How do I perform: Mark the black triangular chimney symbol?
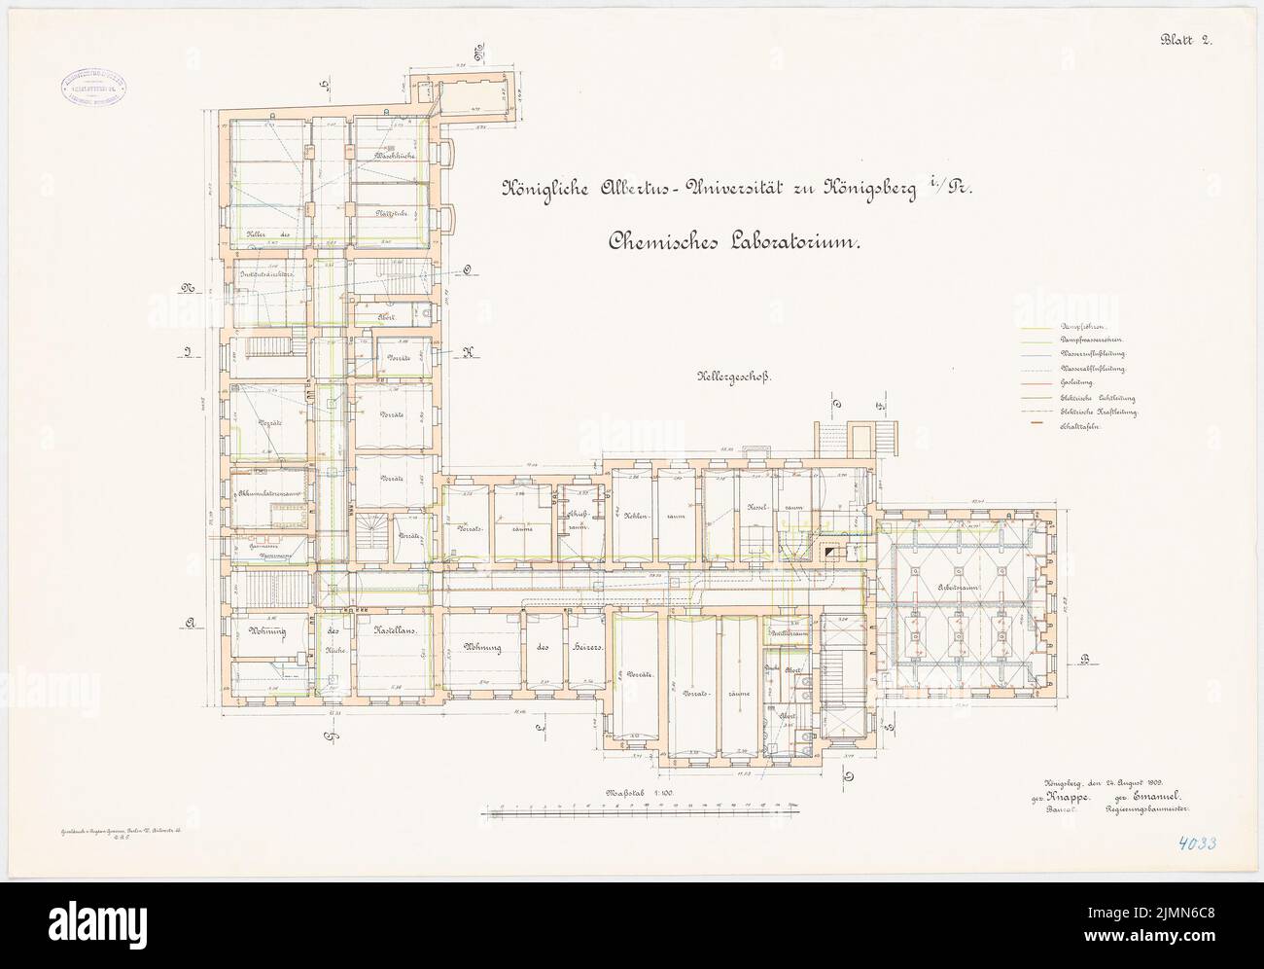(x=831, y=552)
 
